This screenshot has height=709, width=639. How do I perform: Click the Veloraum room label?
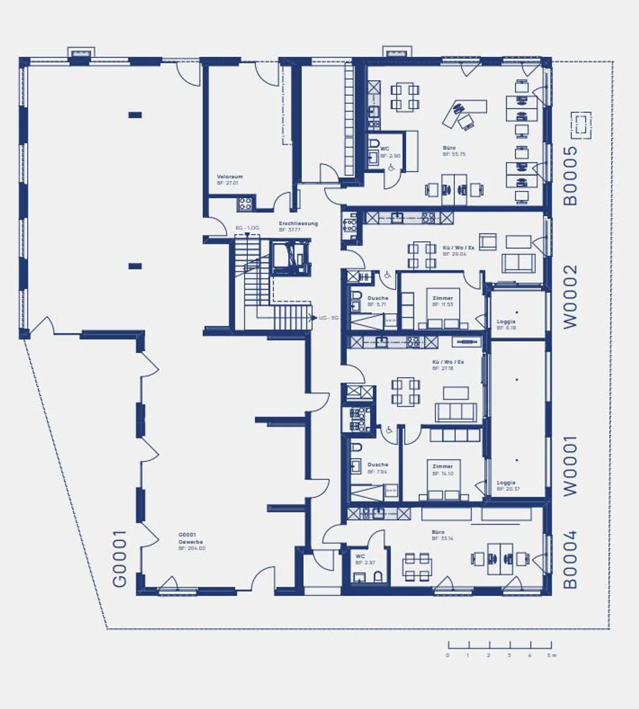pos(229,177)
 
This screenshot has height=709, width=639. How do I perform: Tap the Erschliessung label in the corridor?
pos(298,224)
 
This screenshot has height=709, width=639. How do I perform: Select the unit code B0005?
pos(570,176)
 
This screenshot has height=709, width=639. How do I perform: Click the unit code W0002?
pos(570,296)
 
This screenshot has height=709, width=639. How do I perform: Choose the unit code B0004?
pos(570,559)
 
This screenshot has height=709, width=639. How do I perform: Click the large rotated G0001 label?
pos(119,559)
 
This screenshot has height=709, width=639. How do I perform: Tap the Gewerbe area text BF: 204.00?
pos(192,548)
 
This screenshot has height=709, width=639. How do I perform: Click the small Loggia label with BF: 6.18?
pos(506,322)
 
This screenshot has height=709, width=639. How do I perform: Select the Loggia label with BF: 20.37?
pos(506,483)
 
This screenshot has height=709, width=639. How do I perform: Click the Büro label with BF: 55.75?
pos(449,148)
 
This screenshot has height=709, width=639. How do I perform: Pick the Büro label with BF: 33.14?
pos(438,532)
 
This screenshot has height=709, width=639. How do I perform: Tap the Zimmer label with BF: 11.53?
pos(442,298)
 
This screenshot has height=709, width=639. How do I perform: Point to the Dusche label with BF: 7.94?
pos(377,465)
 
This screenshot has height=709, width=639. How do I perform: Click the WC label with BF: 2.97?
pos(360,556)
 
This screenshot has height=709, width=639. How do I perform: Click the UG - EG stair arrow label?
pos(328,318)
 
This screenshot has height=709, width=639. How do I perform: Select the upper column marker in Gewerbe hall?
pos(135,115)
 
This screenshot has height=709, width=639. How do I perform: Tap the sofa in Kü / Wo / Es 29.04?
pos(518,263)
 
